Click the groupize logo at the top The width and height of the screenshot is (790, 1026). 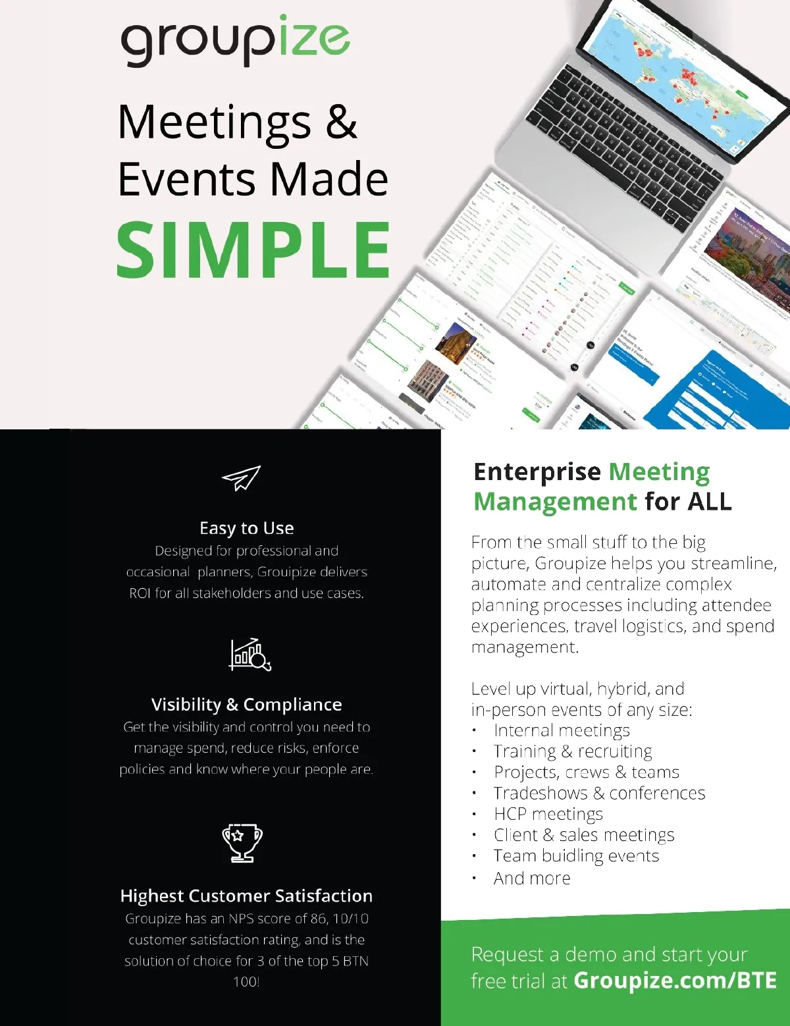pos(235,41)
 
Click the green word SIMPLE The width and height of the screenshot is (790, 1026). pos(253,250)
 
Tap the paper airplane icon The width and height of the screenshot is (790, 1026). pos(242,478)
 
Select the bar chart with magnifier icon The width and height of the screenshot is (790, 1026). pos(250,655)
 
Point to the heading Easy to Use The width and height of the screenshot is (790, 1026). pos(247,528)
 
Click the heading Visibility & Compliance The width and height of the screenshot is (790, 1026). pos(247,705)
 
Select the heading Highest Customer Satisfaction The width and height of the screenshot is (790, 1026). pos(247,896)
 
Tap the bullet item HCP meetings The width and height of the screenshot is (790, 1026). pos(548,814)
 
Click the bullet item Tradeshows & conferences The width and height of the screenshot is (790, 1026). pos(599,793)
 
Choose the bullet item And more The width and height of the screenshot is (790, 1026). pos(532,878)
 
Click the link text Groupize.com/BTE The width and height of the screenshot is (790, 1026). pos(675,981)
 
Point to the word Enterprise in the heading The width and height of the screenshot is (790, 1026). pos(537,472)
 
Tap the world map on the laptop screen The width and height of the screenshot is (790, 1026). pos(678,72)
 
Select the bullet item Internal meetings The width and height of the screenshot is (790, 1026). pos(562,730)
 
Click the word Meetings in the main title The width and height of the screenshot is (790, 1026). pos(215,122)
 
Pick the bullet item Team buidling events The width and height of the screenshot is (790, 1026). pos(576,855)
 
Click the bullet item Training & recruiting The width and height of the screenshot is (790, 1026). pos(573,751)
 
